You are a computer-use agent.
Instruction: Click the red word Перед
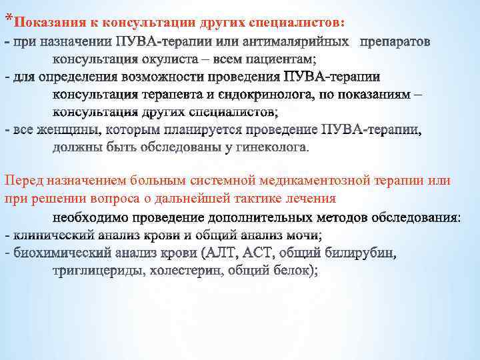22,181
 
